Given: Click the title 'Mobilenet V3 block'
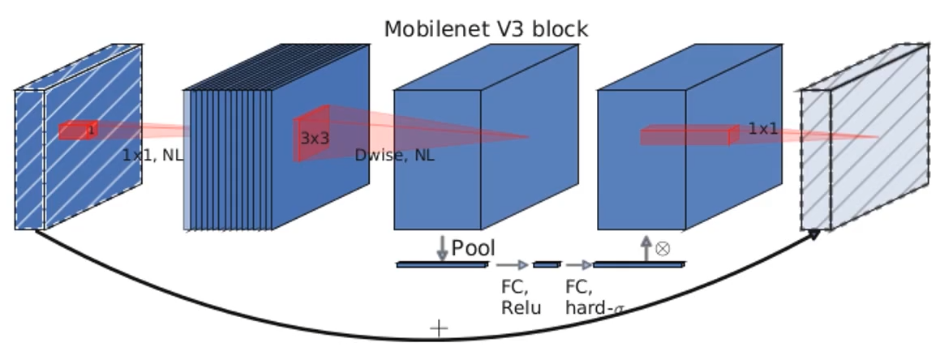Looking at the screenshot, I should (486, 29).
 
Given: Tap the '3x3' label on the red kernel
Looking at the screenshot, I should (315, 138).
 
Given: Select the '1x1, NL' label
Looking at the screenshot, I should (152, 155).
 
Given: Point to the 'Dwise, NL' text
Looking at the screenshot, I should (394, 155).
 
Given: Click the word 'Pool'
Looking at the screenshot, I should (473, 248).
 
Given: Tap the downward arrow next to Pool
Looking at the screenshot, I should (442, 247).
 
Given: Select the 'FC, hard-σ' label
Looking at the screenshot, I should (595, 298).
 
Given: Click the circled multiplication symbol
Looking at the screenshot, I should (663, 248).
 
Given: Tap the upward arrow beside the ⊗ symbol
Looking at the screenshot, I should (646, 247).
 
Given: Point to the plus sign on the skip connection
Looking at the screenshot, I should (438, 328).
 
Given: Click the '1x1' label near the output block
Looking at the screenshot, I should (762, 129).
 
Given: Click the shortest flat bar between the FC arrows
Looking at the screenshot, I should (547, 264).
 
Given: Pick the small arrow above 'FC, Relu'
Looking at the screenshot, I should (512, 264).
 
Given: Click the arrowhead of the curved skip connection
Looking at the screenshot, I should (813, 233).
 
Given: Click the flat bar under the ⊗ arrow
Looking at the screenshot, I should (639, 264).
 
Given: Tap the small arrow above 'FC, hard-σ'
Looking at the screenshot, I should (579, 264).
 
